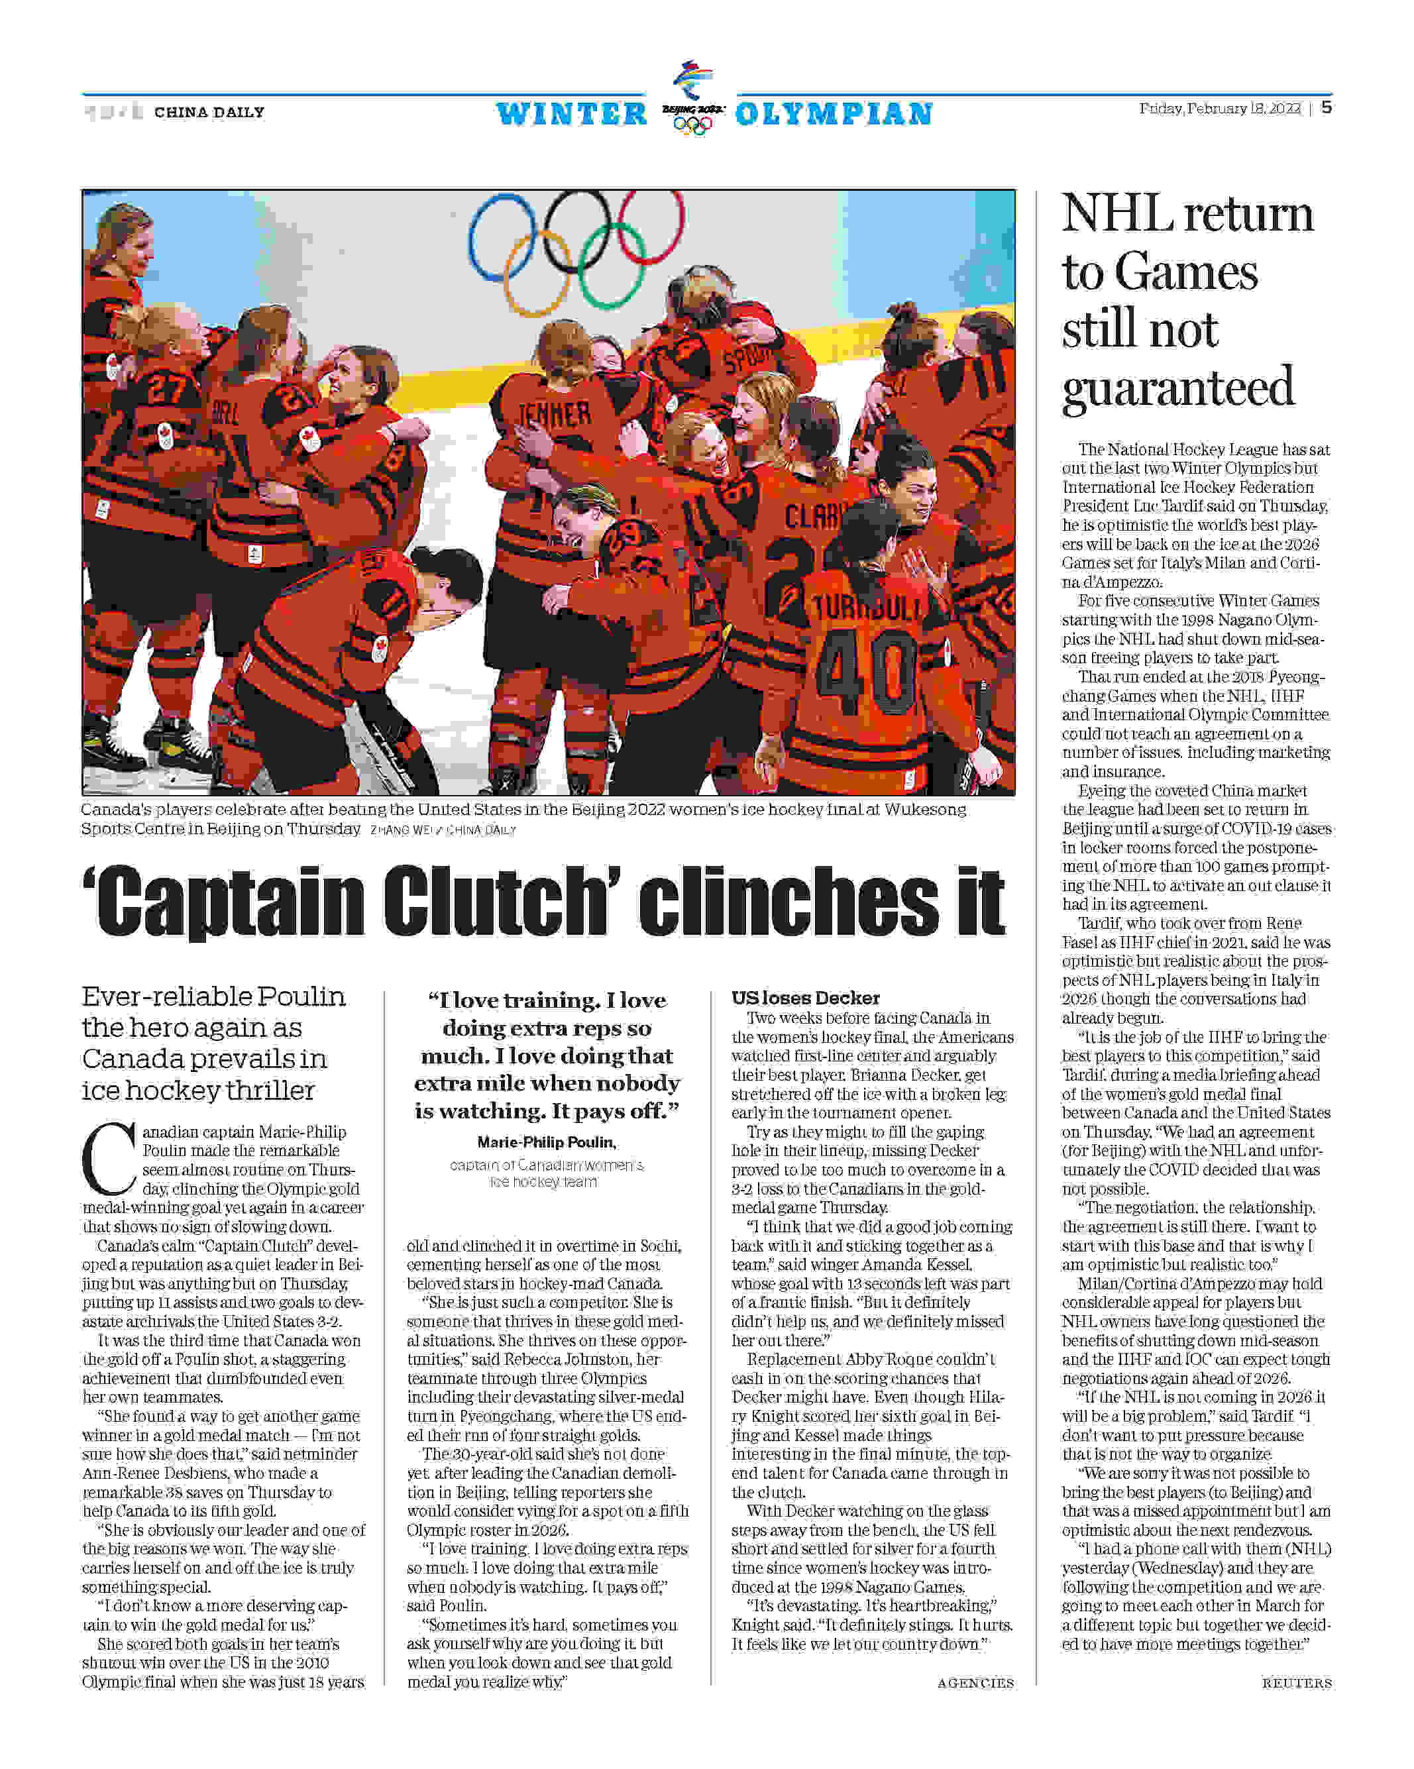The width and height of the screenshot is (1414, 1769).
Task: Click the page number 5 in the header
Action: point(1326,107)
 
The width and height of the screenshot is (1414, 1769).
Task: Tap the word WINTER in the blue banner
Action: point(572,114)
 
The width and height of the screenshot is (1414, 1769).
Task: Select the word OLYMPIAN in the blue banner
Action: point(834,114)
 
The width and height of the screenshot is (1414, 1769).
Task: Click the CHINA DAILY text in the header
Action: point(209,111)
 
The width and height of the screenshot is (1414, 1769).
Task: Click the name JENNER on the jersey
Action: point(555,415)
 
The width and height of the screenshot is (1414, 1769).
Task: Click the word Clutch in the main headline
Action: point(502,900)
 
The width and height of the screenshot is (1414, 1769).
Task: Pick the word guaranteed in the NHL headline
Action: point(1177,388)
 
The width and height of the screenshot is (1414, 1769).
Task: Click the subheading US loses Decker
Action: point(805,998)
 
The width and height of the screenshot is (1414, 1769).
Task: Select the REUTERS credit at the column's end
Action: point(1297,1683)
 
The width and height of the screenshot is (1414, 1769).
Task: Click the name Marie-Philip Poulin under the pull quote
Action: point(547,1142)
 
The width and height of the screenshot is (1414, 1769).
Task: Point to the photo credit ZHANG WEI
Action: point(402,830)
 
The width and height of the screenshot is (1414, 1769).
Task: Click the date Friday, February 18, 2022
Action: point(1219,108)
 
